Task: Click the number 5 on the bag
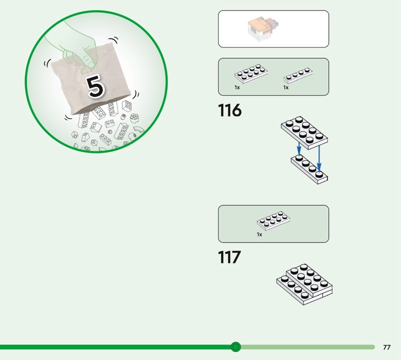point(96,87)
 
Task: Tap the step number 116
point(230,110)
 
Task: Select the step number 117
point(230,257)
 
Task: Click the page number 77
point(386,347)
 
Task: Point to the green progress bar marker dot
point(236,347)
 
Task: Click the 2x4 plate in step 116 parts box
point(251,74)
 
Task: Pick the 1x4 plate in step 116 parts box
point(298,76)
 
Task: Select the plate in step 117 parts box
point(273,221)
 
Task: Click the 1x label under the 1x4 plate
point(286,88)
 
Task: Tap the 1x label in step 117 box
point(259,235)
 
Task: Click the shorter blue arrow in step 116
point(299,149)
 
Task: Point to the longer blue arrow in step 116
point(319,158)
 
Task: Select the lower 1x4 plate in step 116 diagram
point(309,169)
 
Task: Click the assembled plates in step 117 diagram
point(304,284)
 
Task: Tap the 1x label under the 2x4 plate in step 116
point(237,88)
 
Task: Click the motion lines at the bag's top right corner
point(114,40)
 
